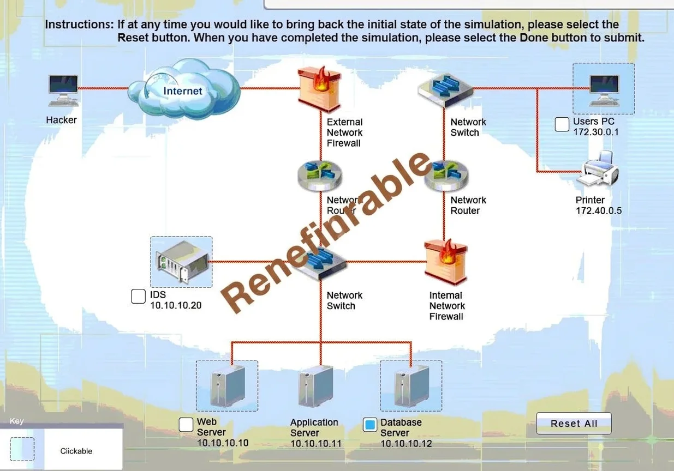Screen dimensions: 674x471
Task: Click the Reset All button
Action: tap(574, 423)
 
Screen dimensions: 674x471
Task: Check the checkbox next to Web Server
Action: tap(186, 425)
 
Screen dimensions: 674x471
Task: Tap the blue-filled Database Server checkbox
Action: tap(370, 425)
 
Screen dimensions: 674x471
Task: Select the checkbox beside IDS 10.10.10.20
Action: tap(139, 297)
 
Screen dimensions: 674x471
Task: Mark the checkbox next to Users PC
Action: tap(562, 124)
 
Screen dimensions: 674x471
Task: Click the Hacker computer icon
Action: tap(63, 90)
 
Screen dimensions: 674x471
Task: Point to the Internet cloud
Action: tap(184, 89)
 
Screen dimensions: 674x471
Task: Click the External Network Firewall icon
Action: tap(320, 89)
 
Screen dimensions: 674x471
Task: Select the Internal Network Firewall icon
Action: tap(446, 262)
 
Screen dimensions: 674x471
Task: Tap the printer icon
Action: tap(598, 168)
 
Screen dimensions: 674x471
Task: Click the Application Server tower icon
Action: tap(315, 387)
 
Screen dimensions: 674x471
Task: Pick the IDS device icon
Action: tap(182, 262)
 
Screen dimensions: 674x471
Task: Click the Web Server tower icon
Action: tap(228, 386)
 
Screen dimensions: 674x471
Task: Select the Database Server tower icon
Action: tap(411, 386)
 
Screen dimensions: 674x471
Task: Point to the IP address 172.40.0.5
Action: tap(599, 211)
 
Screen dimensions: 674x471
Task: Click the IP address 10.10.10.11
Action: tap(316, 444)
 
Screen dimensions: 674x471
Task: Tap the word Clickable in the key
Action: tap(76, 451)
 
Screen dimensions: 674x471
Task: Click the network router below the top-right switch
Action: tap(446, 176)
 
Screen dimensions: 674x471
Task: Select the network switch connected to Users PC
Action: tap(446, 90)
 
